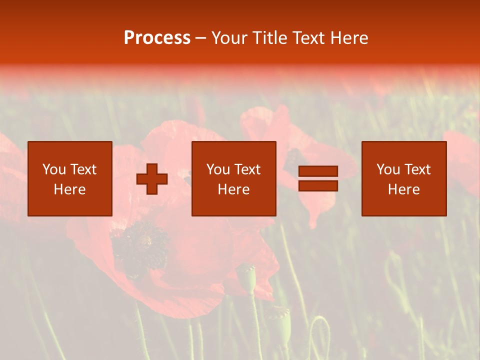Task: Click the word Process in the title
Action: coord(157,38)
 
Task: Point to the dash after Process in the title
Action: coord(201,38)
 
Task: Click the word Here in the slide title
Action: coord(349,38)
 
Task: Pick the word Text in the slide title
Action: coord(310,38)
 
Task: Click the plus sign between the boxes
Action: coord(152,179)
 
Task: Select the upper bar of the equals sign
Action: coord(318,171)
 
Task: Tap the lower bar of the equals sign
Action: coord(318,186)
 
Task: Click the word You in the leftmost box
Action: coord(54,169)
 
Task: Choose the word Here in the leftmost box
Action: coord(69,189)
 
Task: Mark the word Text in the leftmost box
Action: coord(83,169)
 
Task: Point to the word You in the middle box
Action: coord(218,169)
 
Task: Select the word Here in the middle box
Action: coord(233,189)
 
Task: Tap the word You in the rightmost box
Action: coord(388,169)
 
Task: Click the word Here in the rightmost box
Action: coord(403,189)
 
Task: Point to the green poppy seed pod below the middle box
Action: coord(247,278)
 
